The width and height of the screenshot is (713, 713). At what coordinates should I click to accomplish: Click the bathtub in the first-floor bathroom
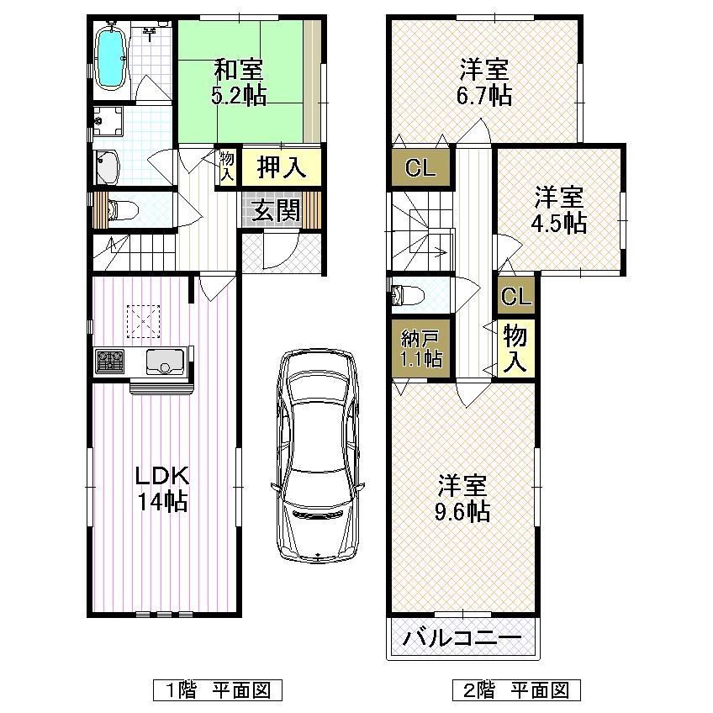[111, 56]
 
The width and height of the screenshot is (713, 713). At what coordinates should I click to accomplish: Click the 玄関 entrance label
[277, 210]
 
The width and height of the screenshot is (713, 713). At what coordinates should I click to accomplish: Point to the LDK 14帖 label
[163, 488]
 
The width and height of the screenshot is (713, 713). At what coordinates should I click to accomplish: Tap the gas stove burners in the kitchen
[110, 362]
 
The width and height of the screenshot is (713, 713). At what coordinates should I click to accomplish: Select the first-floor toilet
[119, 210]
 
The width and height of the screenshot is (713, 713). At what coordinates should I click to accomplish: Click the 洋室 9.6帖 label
[463, 498]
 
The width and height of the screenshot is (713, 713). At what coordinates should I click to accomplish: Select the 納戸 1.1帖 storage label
[420, 348]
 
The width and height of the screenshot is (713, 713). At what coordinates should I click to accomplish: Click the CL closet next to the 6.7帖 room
[420, 168]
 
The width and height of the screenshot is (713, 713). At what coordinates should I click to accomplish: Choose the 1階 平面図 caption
[217, 690]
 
